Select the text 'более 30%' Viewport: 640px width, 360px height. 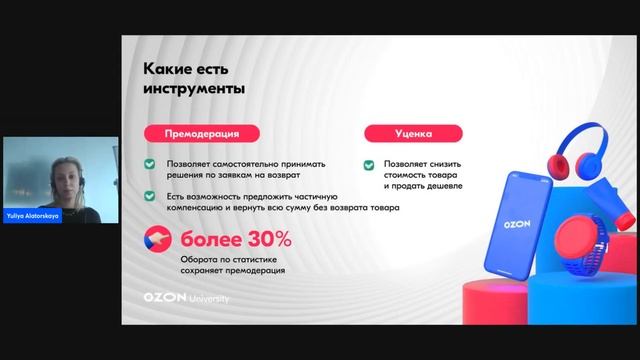click(x=236, y=239)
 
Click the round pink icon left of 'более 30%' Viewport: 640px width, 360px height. click(x=159, y=240)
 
